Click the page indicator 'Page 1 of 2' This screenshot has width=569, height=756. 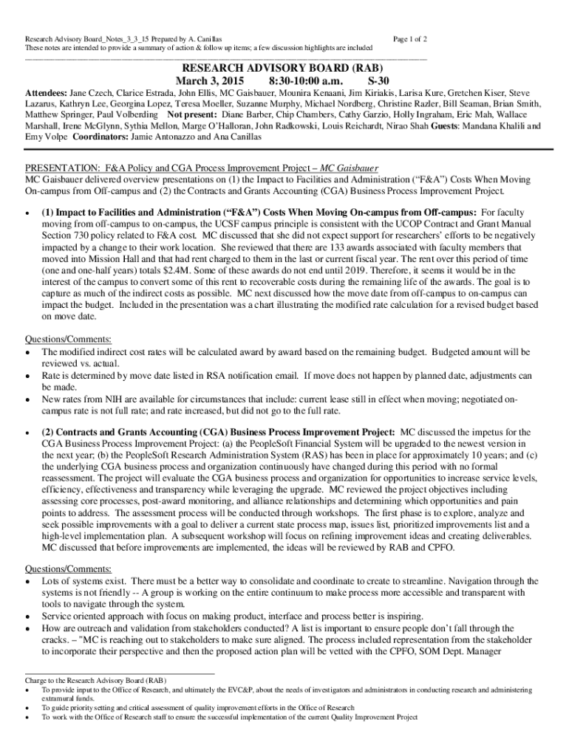point(411,38)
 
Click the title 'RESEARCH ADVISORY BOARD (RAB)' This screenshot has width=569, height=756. point(284,65)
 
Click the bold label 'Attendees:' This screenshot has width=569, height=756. point(47,94)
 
